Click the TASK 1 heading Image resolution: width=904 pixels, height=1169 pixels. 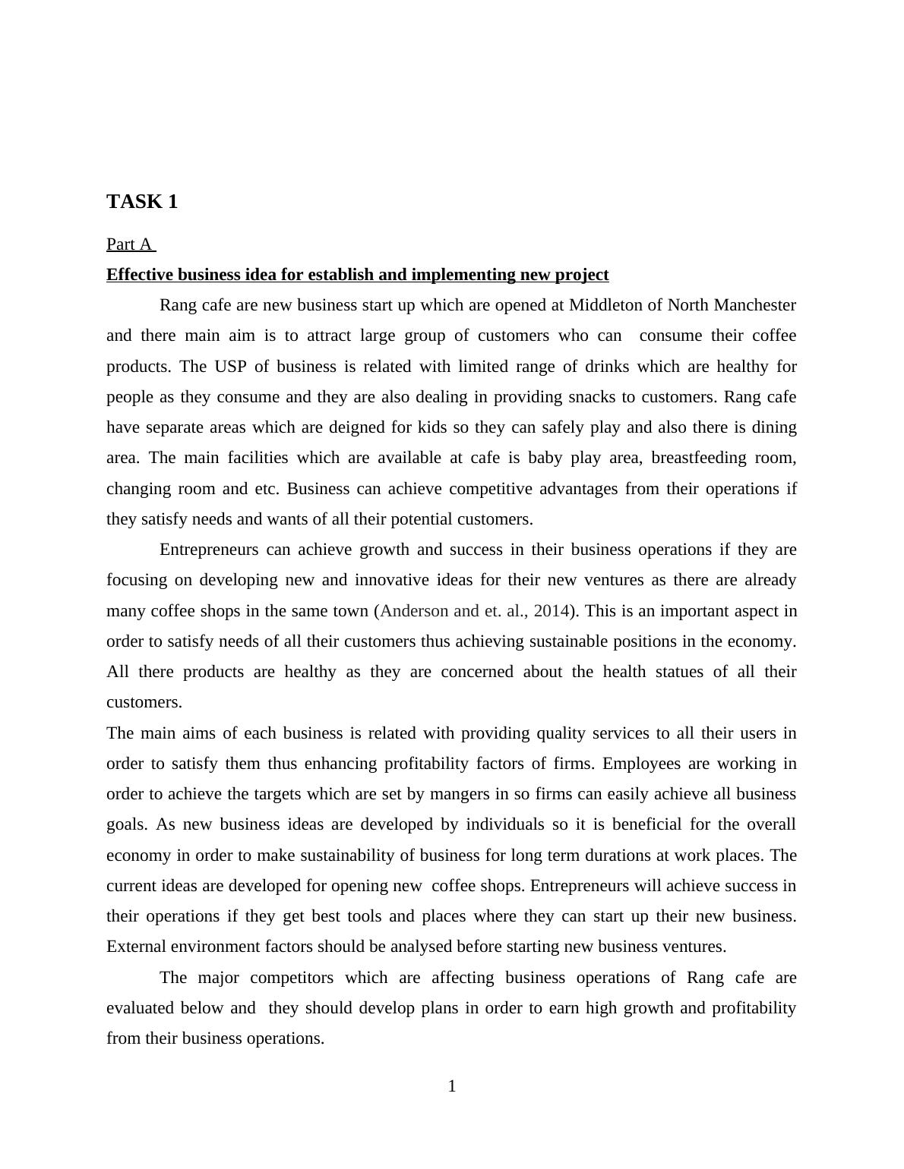(x=142, y=202)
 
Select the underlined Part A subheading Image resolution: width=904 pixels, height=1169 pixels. (x=130, y=244)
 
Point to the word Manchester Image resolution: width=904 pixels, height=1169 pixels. (x=751, y=305)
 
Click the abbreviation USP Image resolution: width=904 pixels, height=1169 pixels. (x=230, y=367)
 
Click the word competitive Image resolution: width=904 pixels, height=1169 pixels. (x=491, y=489)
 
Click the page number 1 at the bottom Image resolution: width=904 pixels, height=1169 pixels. (x=452, y=1086)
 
